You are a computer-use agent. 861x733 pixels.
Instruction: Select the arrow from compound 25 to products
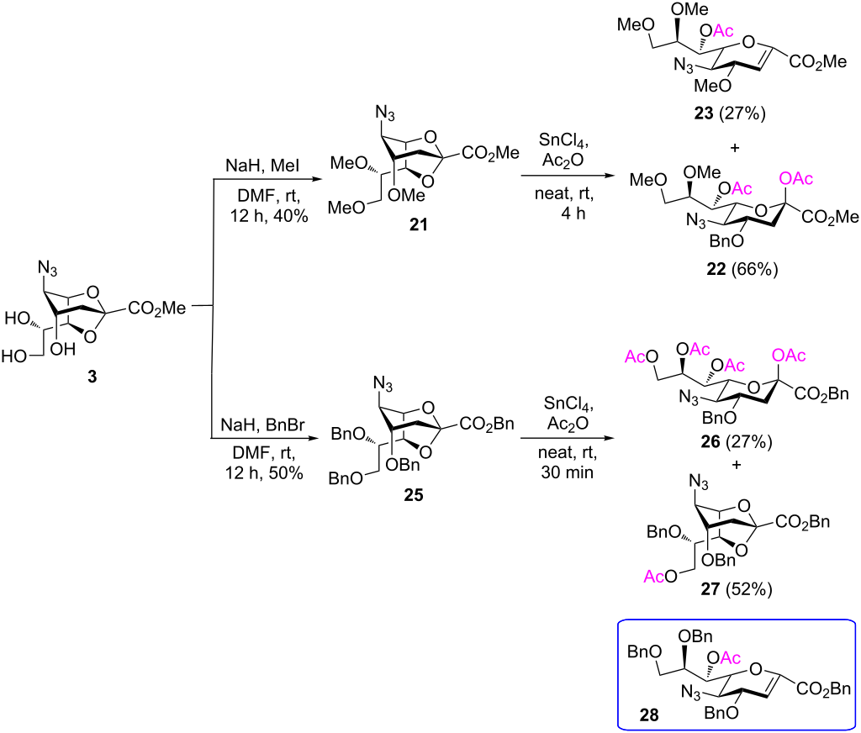coord(562,436)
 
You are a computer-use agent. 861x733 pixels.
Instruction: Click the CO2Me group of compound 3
coord(156,308)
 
